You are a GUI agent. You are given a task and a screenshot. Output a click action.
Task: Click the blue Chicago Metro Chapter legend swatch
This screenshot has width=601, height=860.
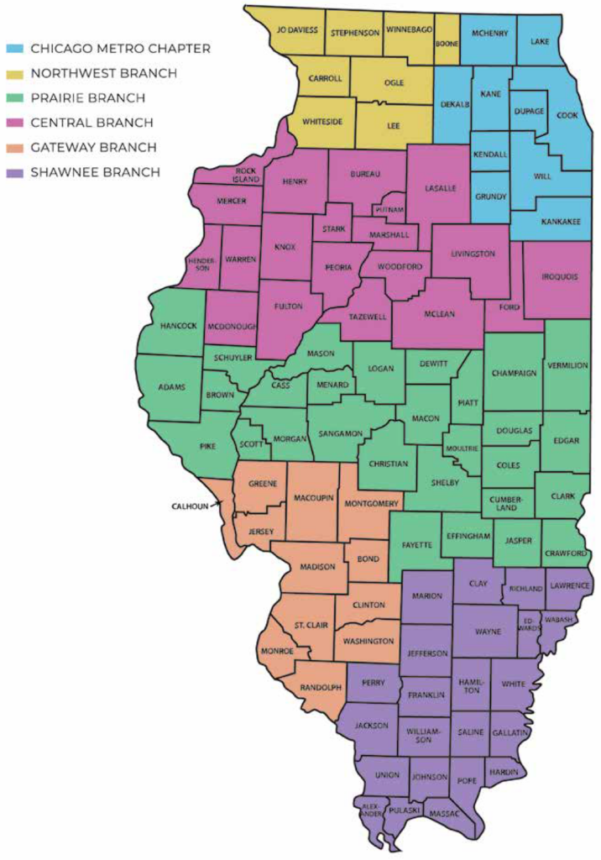click(15, 49)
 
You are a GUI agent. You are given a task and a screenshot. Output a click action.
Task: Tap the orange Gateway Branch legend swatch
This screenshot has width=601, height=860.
click(15, 148)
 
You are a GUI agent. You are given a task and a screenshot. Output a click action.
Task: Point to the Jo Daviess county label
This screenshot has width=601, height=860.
click(297, 29)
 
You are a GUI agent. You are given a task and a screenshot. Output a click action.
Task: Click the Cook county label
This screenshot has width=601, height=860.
click(568, 117)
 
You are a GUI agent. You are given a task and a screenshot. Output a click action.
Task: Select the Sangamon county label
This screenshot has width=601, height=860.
click(340, 433)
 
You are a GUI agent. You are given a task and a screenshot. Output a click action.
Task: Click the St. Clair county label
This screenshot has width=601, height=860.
click(312, 626)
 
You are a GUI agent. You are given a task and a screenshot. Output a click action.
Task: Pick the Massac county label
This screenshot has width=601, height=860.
click(444, 814)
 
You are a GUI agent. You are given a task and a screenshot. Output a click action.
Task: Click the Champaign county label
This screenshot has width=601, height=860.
click(514, 373)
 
